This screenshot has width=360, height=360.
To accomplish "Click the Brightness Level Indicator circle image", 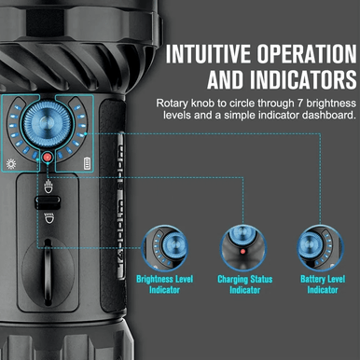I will point(167,248).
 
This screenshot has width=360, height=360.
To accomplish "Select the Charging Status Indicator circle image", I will point(243,248).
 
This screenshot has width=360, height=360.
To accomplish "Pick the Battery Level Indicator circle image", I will point(320,248).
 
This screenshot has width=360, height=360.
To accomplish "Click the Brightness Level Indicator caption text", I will point(167,284).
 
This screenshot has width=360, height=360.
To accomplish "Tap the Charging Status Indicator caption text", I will point(243,284).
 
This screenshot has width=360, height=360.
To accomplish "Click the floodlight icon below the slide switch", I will point(48,218).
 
